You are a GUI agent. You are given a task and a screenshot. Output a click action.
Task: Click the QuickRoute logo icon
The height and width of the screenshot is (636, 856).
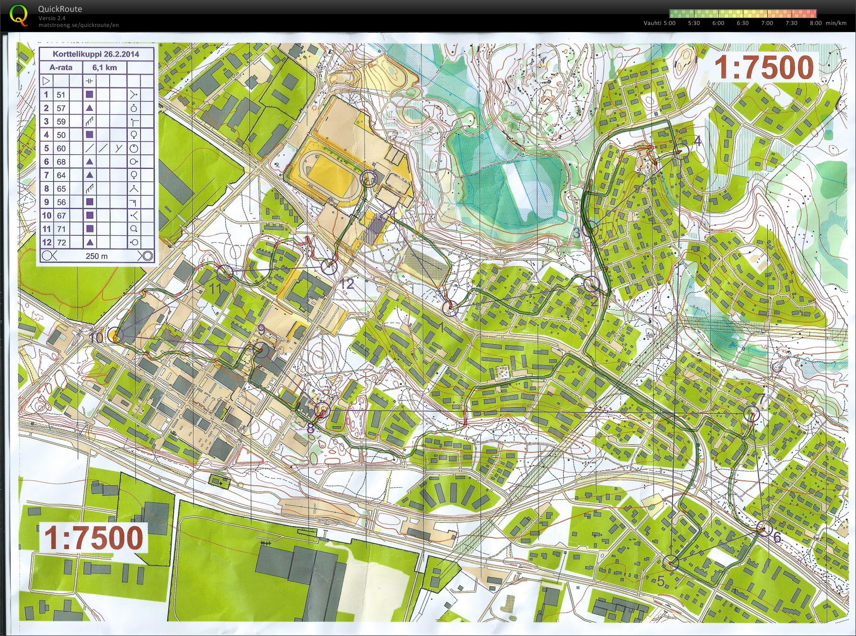point(18,15)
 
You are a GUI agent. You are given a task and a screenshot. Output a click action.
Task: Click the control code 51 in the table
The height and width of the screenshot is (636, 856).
point(61,95)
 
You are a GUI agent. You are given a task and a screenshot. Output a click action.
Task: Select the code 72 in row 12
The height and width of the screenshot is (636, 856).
point(61,243)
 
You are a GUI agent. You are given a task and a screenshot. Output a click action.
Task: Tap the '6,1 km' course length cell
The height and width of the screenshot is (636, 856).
point(104,67)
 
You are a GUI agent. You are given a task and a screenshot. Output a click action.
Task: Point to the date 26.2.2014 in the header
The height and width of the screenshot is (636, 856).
point(119,54)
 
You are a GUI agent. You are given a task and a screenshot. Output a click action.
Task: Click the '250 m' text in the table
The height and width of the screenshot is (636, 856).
point(97,256)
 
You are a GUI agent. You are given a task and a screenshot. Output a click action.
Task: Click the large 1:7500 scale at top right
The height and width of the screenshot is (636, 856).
point(764,67)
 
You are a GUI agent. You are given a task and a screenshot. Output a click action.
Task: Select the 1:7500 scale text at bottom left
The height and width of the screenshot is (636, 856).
point(94,537)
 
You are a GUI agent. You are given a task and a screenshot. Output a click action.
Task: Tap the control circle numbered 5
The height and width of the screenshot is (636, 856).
point(671,563)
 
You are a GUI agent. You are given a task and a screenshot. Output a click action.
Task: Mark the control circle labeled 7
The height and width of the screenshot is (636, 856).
point(753,414)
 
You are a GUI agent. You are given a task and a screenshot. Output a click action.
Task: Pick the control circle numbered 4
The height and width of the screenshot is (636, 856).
point(681,151)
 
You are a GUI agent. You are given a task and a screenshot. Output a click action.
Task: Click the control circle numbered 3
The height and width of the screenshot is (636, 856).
point(591,228)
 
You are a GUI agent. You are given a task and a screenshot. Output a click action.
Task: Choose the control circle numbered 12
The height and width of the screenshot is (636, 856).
point(329,267)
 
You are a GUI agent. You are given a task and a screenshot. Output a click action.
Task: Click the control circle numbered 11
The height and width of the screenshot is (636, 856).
point(223,272)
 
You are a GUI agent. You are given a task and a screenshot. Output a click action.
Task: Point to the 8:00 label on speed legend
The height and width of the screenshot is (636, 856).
point(816,23)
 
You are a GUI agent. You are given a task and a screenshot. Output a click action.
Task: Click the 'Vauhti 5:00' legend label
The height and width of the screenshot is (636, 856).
point(659,23)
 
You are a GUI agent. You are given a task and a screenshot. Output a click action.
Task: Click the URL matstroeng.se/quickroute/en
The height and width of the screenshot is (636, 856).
point(79,25)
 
